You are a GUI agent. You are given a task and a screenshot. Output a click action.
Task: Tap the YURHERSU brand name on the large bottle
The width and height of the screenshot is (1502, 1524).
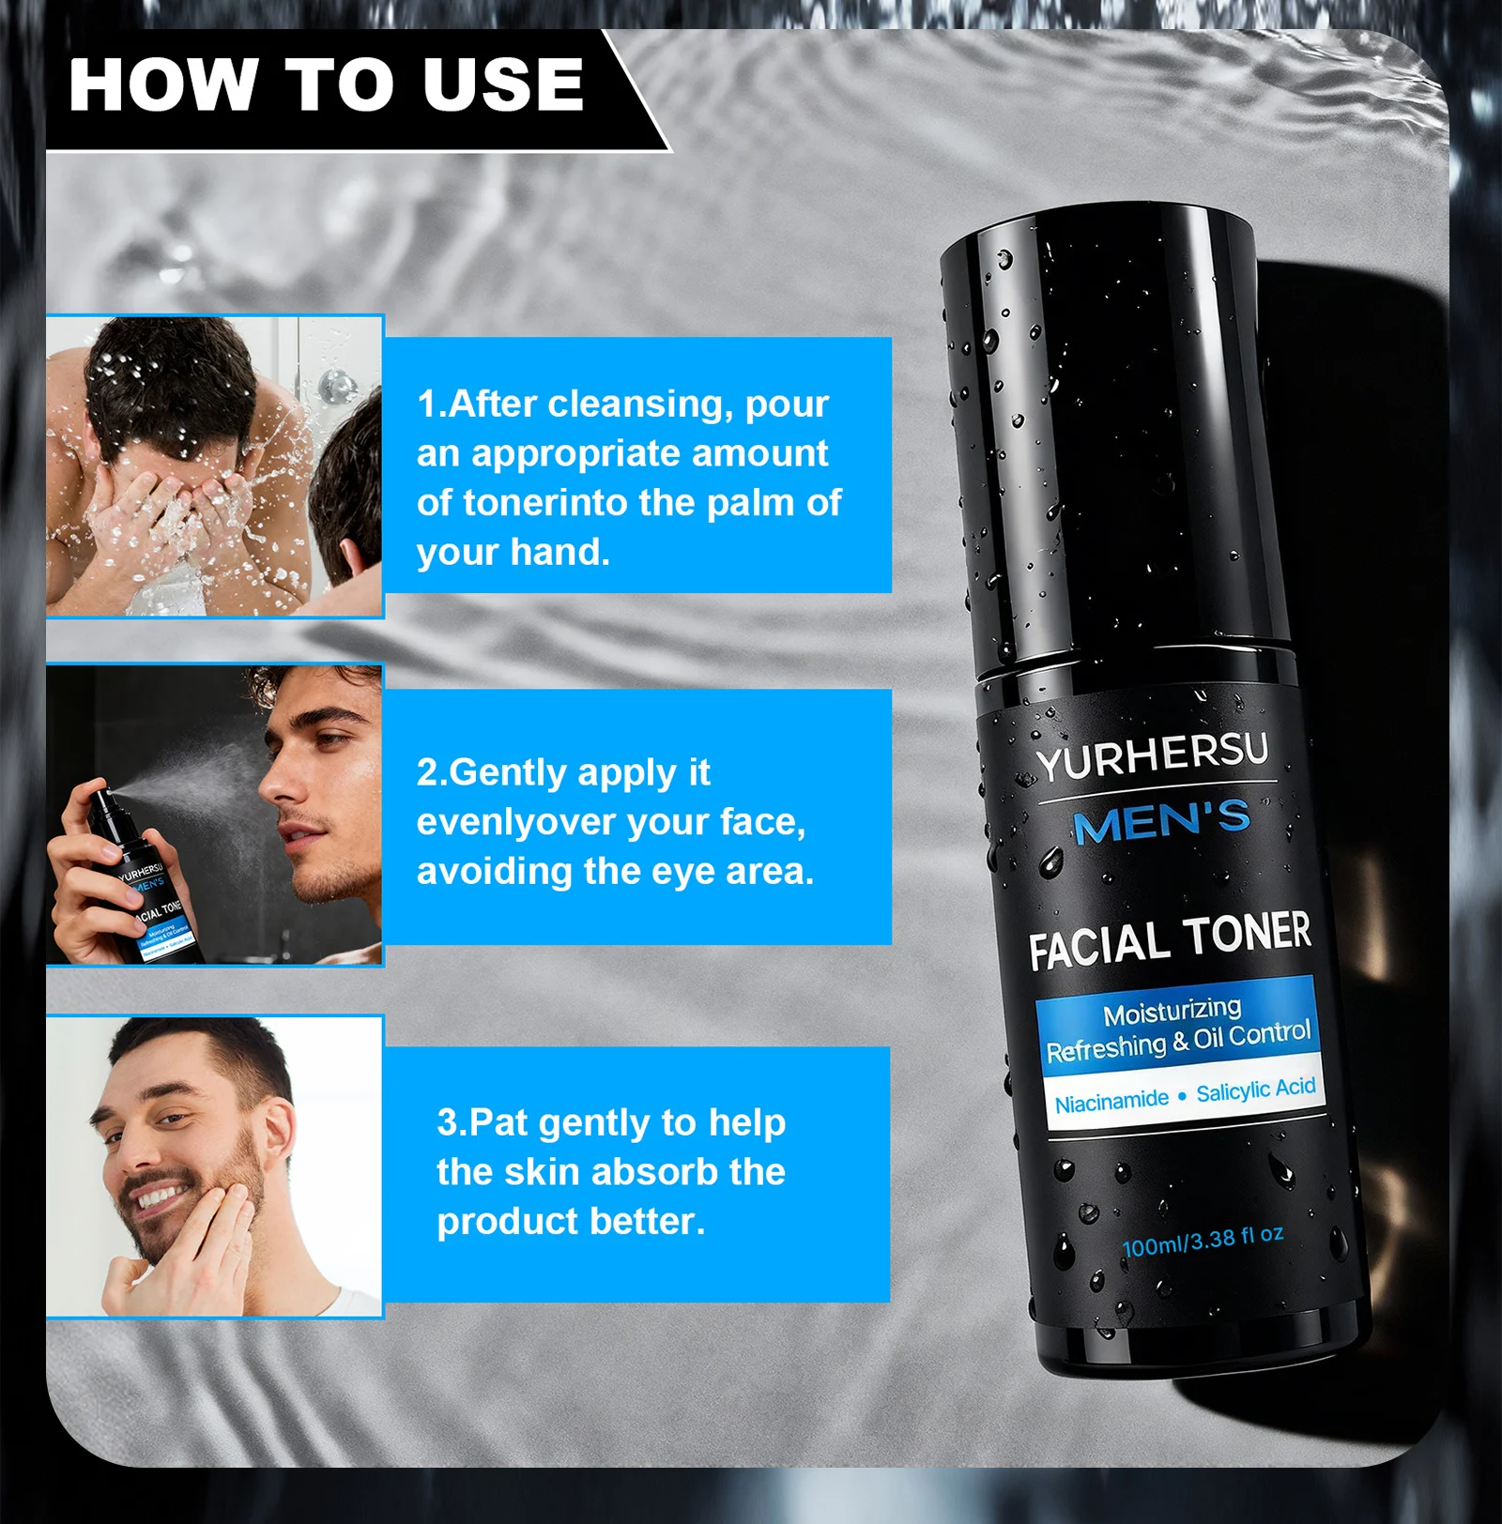click(x=1153, y=756)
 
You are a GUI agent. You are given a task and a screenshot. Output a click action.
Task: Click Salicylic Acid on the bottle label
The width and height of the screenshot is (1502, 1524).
click(x=1255, y=1090)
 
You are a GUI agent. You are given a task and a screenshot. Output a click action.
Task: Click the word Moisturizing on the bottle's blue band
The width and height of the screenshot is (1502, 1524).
click(x=1172, y=1012)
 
